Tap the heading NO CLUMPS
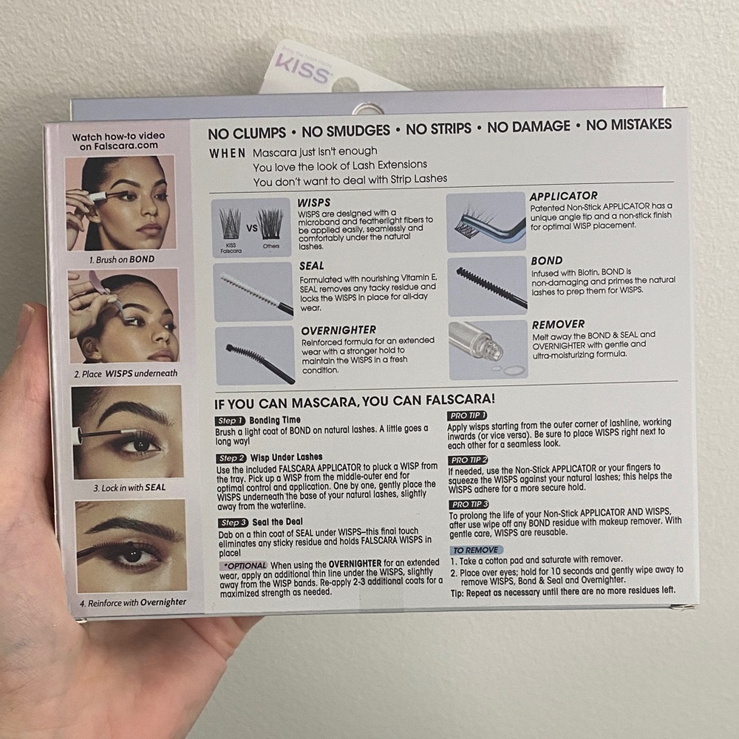(x=246, y=132)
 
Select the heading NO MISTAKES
(x=629, y=125)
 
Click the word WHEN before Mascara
(x=228, y=153)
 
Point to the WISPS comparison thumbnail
(x=251, y=227)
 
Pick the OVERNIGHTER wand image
(x=253, y=355)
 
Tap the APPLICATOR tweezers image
(x=486, y=222)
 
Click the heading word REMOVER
(x=558, y=324)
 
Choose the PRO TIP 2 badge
(x=469, y=460)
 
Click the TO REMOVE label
(x=476, y=550)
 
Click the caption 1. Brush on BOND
(x=122, y=259)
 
